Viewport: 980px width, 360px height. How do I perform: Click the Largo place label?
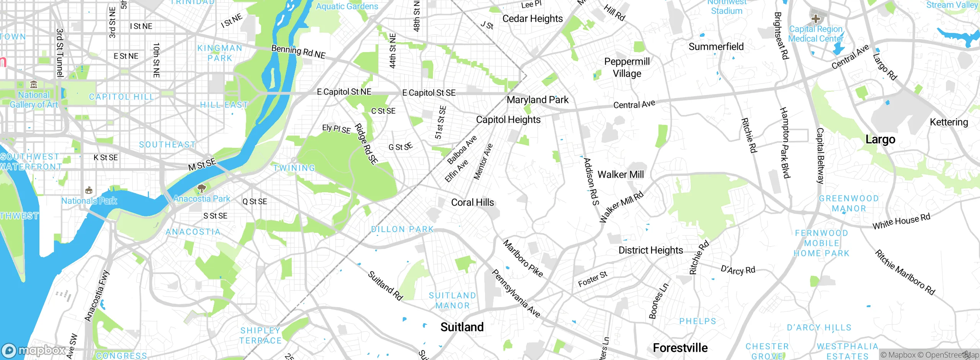coord(880,139)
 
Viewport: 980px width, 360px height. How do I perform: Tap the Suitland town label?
coord(462,327)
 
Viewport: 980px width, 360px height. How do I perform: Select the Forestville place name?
coord(680,348)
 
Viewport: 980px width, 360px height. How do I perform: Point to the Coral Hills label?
coord(472,203)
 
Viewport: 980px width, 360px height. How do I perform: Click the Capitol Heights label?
coord(508,120)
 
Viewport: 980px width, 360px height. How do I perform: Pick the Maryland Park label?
coord(537,100)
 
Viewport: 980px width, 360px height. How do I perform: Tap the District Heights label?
coord(650,250)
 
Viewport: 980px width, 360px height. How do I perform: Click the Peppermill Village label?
coord(627,67)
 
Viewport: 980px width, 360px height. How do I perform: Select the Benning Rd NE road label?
coord(298,52)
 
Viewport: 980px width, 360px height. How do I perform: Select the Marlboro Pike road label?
coord(523,259)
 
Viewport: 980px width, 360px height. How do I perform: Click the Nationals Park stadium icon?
coord(89,190)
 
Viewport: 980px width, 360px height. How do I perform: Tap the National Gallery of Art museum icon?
coord(34,84)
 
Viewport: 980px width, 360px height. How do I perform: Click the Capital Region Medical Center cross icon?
coord(815,18)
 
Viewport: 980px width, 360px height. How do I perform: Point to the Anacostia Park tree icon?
coord(201,188)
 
